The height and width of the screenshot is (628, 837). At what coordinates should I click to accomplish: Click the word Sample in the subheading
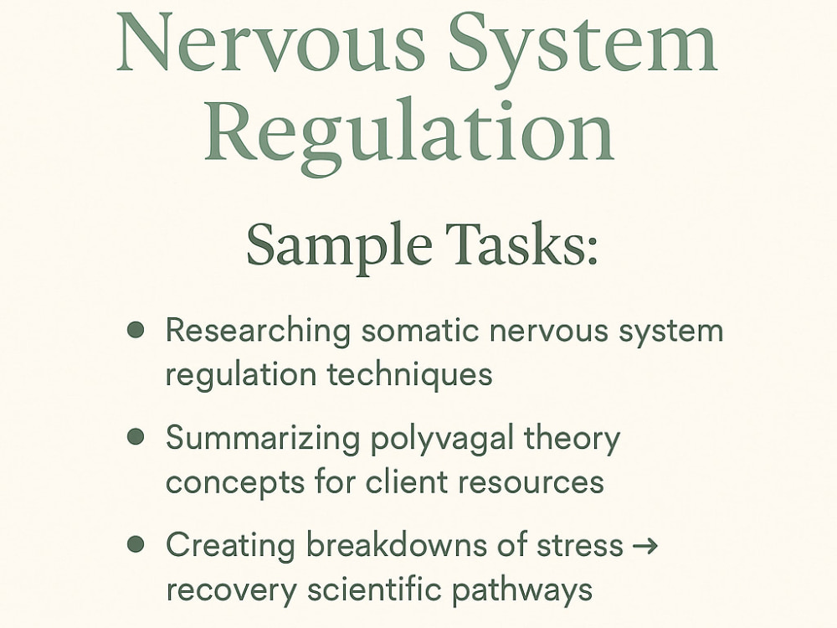point(339,244)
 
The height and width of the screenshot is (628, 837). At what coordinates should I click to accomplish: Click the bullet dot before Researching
point(136,329)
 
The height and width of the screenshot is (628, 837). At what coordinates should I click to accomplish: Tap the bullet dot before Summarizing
point(136,437)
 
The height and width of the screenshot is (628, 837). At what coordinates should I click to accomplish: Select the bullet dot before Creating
point(136,544)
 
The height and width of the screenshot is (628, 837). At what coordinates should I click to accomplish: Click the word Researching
point(258,331)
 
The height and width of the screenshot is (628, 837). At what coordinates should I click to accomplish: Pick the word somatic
point(420,330)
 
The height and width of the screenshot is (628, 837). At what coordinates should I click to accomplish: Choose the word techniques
point(409,374)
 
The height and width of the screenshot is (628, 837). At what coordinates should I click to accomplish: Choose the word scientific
point(373,589)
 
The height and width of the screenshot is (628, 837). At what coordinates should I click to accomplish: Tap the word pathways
point(522,591)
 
